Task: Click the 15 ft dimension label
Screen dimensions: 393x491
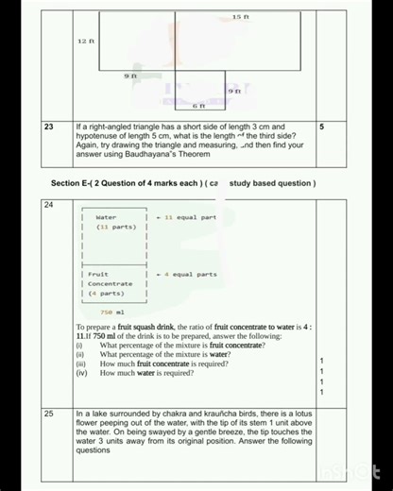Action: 240,18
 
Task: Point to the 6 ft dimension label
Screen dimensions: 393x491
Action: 199,107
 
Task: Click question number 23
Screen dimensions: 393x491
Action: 48,126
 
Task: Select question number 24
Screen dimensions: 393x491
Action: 48,205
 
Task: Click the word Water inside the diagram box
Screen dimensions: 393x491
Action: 106,217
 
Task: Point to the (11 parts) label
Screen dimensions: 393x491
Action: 116,228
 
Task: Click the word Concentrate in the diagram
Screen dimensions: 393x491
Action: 111,283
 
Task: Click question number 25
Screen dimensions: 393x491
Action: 48,414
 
